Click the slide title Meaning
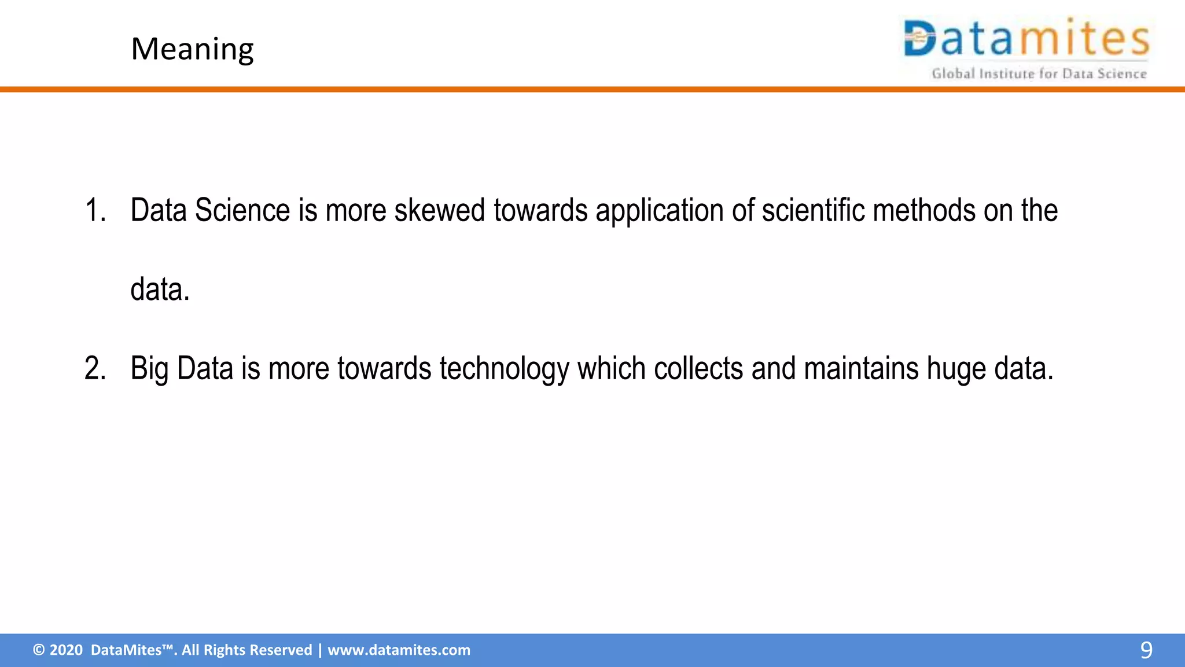click(x=192, y=49)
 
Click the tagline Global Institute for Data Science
click(x=1039, y=74)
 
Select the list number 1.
click(x=95, y=210)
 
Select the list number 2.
click(x=95, y=368)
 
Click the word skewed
click(x=439, y=210)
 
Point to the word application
click(x=659, y=211)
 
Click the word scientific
click(x=813, y=210)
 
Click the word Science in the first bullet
click(x=242, y=210)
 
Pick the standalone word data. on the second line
click(x=160, y=289)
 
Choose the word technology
click(x=504, y=369)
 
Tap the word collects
click(x=698, y=368)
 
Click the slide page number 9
click(x=1146, y=650)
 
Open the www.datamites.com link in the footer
click(x=399, y=650)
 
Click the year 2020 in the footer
click(x=66, y=650)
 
